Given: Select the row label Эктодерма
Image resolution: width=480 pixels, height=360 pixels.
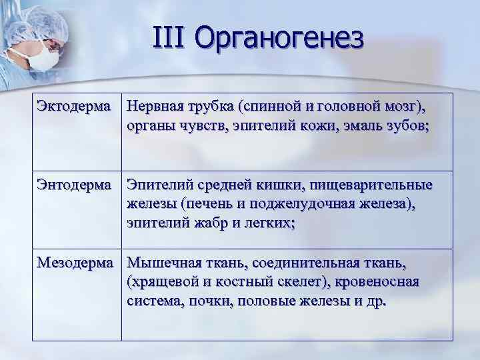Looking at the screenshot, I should tap(73, 107).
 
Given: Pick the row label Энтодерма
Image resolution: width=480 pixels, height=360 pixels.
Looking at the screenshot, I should tap(74, 185).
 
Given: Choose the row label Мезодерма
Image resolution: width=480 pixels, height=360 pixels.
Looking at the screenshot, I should tap(75, 263).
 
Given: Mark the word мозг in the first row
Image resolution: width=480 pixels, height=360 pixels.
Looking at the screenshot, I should tap(398, 107).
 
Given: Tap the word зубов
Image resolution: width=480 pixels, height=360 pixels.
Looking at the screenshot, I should tap(404, 126).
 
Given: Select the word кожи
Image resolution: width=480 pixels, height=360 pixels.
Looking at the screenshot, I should tap(314, 126).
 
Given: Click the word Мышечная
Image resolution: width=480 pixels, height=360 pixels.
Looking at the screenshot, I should tap(162, 263).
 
